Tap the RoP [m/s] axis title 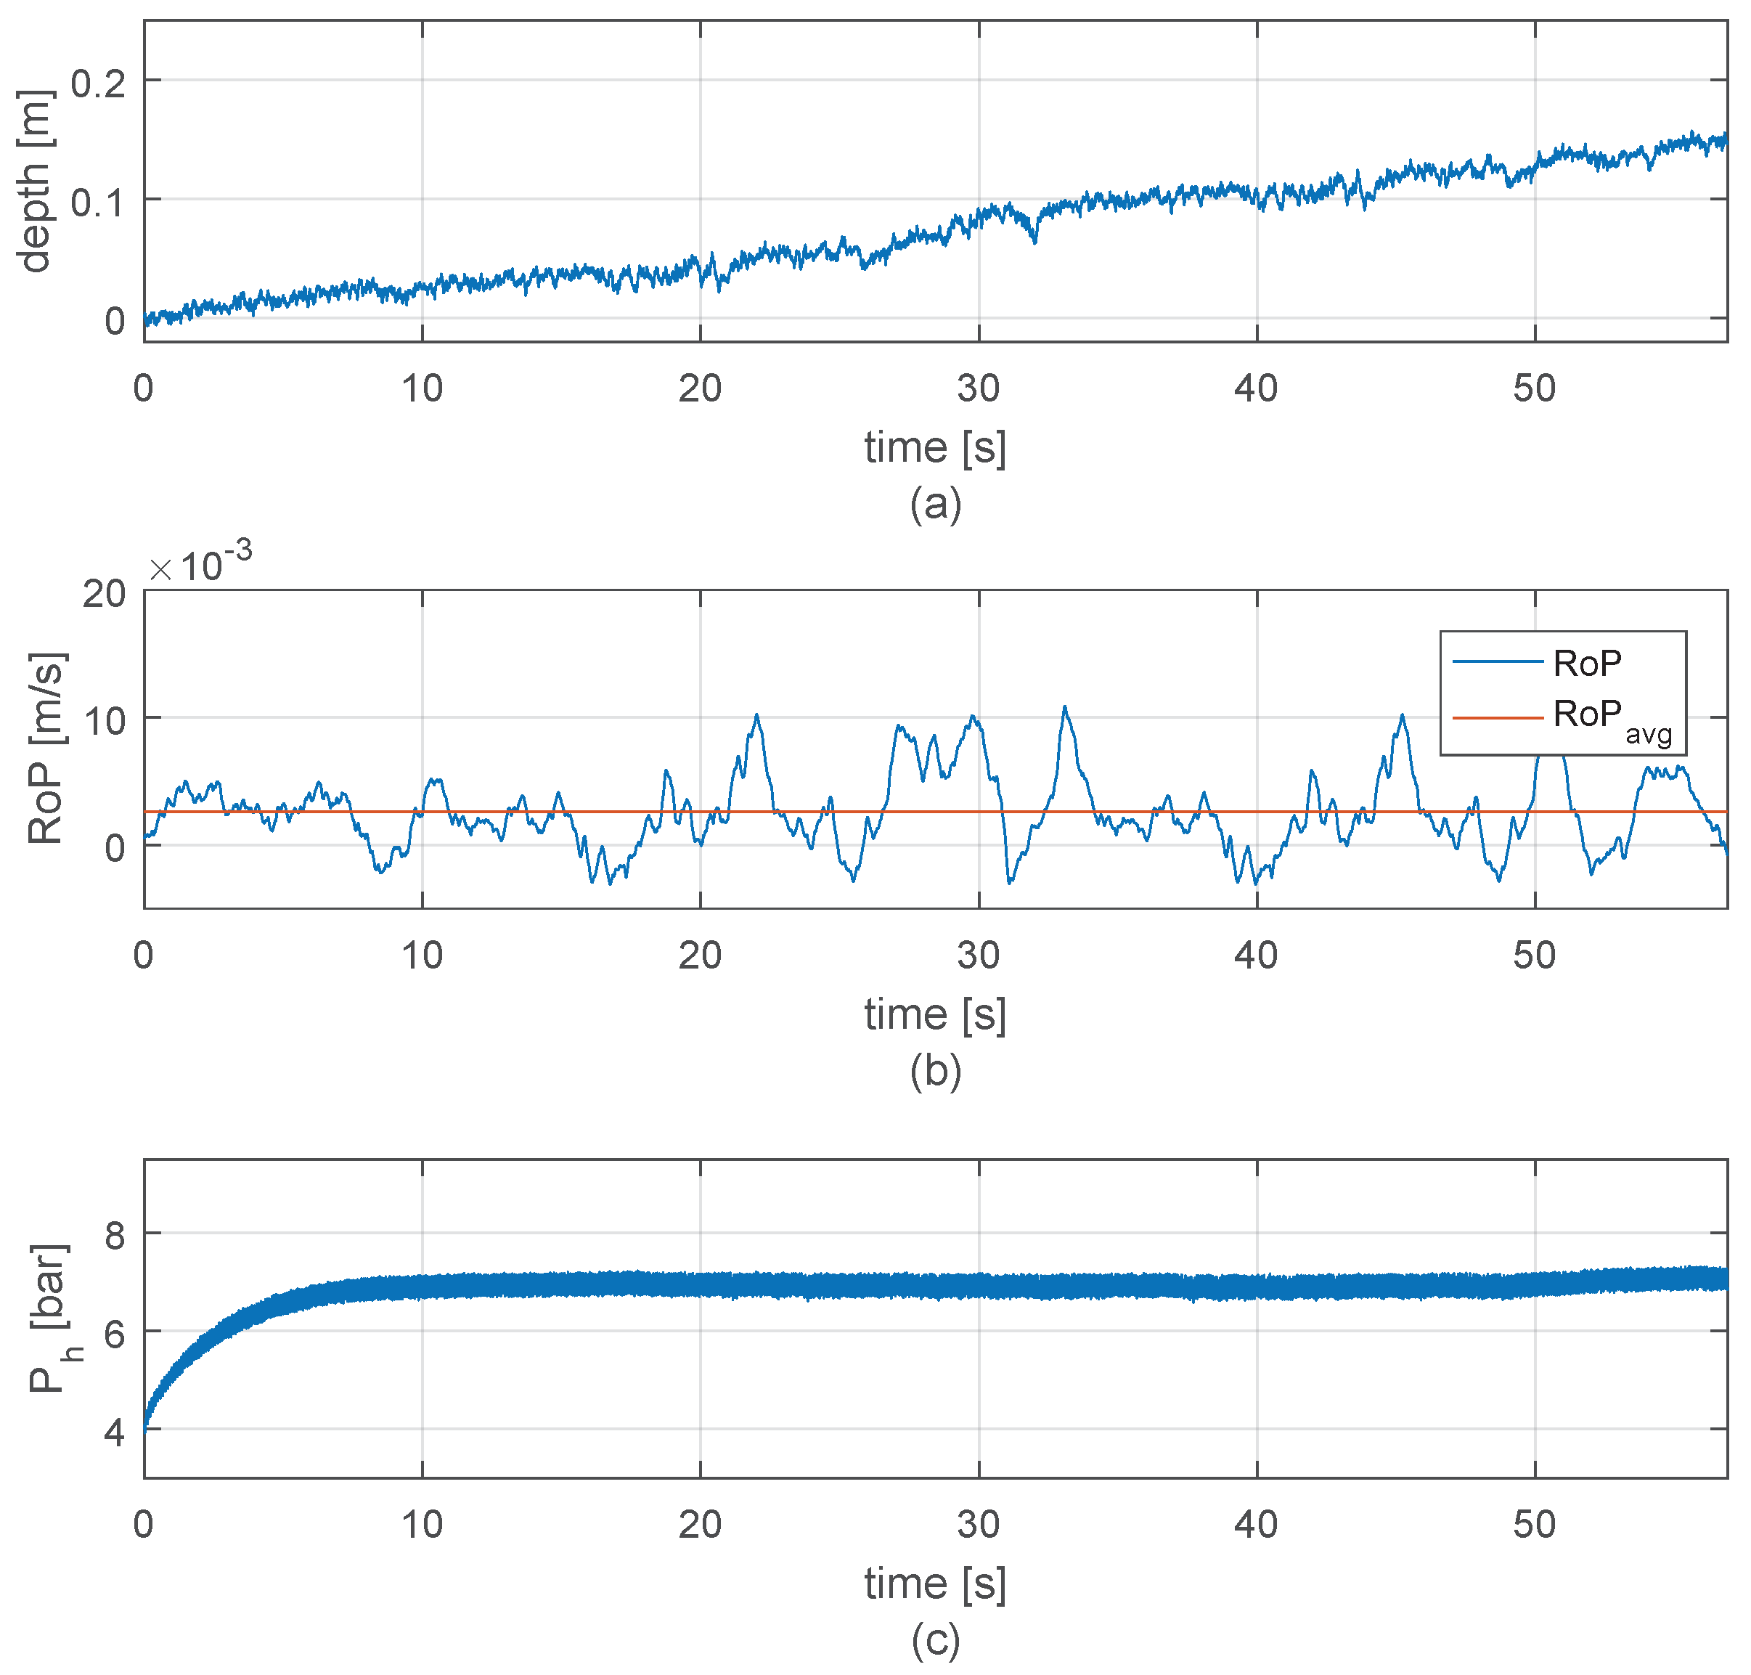pos(44,749)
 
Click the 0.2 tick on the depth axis pos(98,84)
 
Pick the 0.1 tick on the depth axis pos(98,203)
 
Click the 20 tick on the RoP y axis pos(105,594)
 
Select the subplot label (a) pos(935,505)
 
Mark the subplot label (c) pos(935,1639)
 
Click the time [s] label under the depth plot pos(935,447)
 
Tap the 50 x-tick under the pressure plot pos(1533,1525)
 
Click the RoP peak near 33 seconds pos(1064,708)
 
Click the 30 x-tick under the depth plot pos(978,388)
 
